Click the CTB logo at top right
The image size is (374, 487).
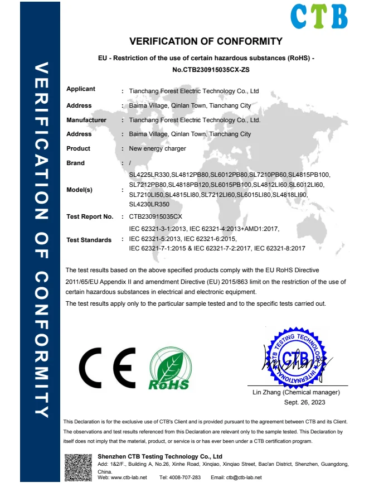[319, 16]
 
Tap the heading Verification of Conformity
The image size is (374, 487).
[206, 41]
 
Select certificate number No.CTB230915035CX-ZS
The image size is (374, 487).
[206, 70]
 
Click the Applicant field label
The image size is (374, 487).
[81, 89]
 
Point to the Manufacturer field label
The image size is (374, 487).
[86, 120]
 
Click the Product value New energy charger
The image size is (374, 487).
[157, 149]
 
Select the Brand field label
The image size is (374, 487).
[76, 163]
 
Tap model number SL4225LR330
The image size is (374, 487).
[149, 175]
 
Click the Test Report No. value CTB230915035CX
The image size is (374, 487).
[156, 216]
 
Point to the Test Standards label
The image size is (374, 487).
[89, 240]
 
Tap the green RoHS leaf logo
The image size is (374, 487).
[169, 369]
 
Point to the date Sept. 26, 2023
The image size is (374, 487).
[304, 402]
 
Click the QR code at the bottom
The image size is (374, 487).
[78, 467]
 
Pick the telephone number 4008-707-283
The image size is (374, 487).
[187, 478]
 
